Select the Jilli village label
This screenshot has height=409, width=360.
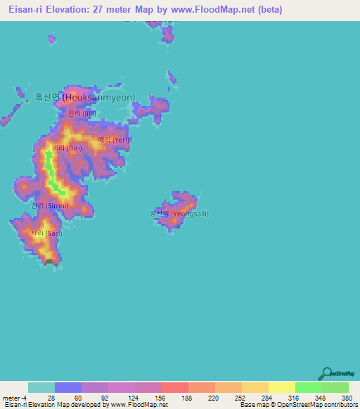[82, 113]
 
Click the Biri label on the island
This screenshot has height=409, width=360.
[67, 148]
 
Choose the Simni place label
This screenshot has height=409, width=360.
[50, 205]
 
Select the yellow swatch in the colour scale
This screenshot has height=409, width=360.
[281, 387]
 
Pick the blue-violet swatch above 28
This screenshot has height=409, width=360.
[68, 387]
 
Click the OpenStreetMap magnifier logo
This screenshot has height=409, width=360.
[326, 374]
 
